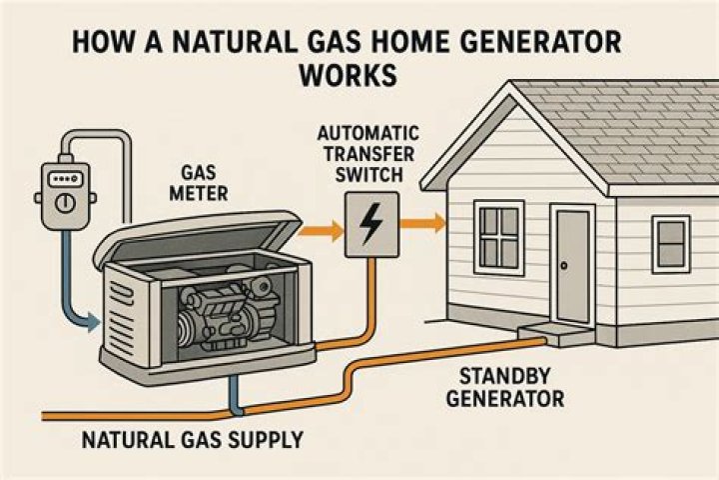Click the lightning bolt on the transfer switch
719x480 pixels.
point(371,224)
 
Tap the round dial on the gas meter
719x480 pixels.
point(65,202)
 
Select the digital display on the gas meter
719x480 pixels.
point(66,179)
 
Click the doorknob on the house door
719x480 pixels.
point(563,265)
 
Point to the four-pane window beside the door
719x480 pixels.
point(499,237)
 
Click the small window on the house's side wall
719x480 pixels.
point(671,244)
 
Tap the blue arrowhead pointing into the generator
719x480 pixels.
point(94,322)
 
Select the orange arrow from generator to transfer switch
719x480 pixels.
point(321,230)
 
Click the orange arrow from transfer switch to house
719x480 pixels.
point(422,223)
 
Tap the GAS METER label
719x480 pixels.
point(199,183)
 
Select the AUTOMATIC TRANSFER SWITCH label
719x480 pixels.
point(368,154)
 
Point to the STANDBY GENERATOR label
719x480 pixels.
point(505,388)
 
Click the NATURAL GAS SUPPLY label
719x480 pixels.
point(193,440)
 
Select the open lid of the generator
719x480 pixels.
point(197,238)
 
